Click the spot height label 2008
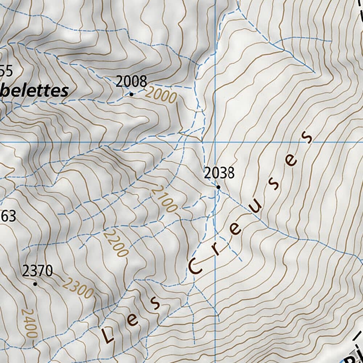pyautogui.click(x=131, y=82)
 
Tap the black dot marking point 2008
pyautogui.click(x=131, y=94)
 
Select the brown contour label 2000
pyautogui.click(x=161, y=95)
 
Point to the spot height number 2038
pyautogui.click(x=219, y=173)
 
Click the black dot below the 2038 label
pyautogui.click(x=218, y=187)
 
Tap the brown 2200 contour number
pyautogui.click(x=116, y=244)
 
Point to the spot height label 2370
pyautogui.click(x=37, y=271)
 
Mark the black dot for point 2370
pyautogui.click(x=35, y=284)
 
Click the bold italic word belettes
pyautogui.click(x=34, y=91)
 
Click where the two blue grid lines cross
pyautogui.click(x=215, y=142)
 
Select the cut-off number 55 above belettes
pyautogui.click(x=6, y=71)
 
